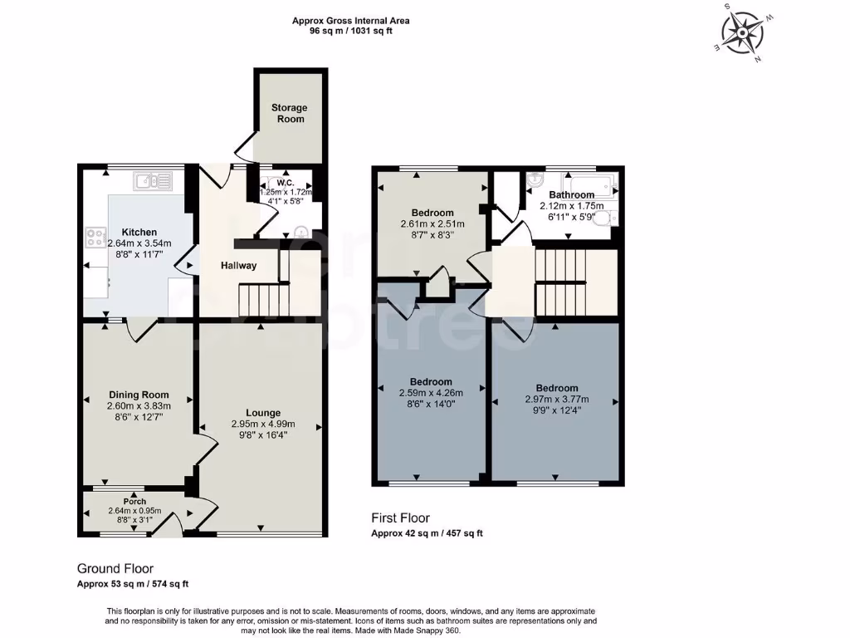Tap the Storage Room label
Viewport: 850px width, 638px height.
[x=289, y=113]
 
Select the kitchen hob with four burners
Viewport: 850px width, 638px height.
[x=92, y=238]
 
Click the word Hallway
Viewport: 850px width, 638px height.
[x=238, y=266]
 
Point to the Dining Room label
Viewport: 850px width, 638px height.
[x=139, y=395]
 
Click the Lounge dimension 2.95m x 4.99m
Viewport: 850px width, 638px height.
[x=262, y=424]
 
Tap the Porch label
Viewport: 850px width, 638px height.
[x=134, y=502]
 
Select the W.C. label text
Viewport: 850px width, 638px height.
[x=286, y=183]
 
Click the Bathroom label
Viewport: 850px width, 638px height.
[x=571, y=195]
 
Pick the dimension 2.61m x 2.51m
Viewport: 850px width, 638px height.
[x=432, y=224]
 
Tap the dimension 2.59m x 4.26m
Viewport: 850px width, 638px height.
[x=430, y=394]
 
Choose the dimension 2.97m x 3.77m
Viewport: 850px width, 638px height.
[x=556, y=399]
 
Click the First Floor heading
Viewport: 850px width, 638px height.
[x=400, y=518]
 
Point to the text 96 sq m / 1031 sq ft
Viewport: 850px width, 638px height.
[x=350, y=32]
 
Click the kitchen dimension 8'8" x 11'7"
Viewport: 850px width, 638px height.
[x=139, y=255]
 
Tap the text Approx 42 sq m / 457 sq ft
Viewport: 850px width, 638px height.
[x=426, y=533]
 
